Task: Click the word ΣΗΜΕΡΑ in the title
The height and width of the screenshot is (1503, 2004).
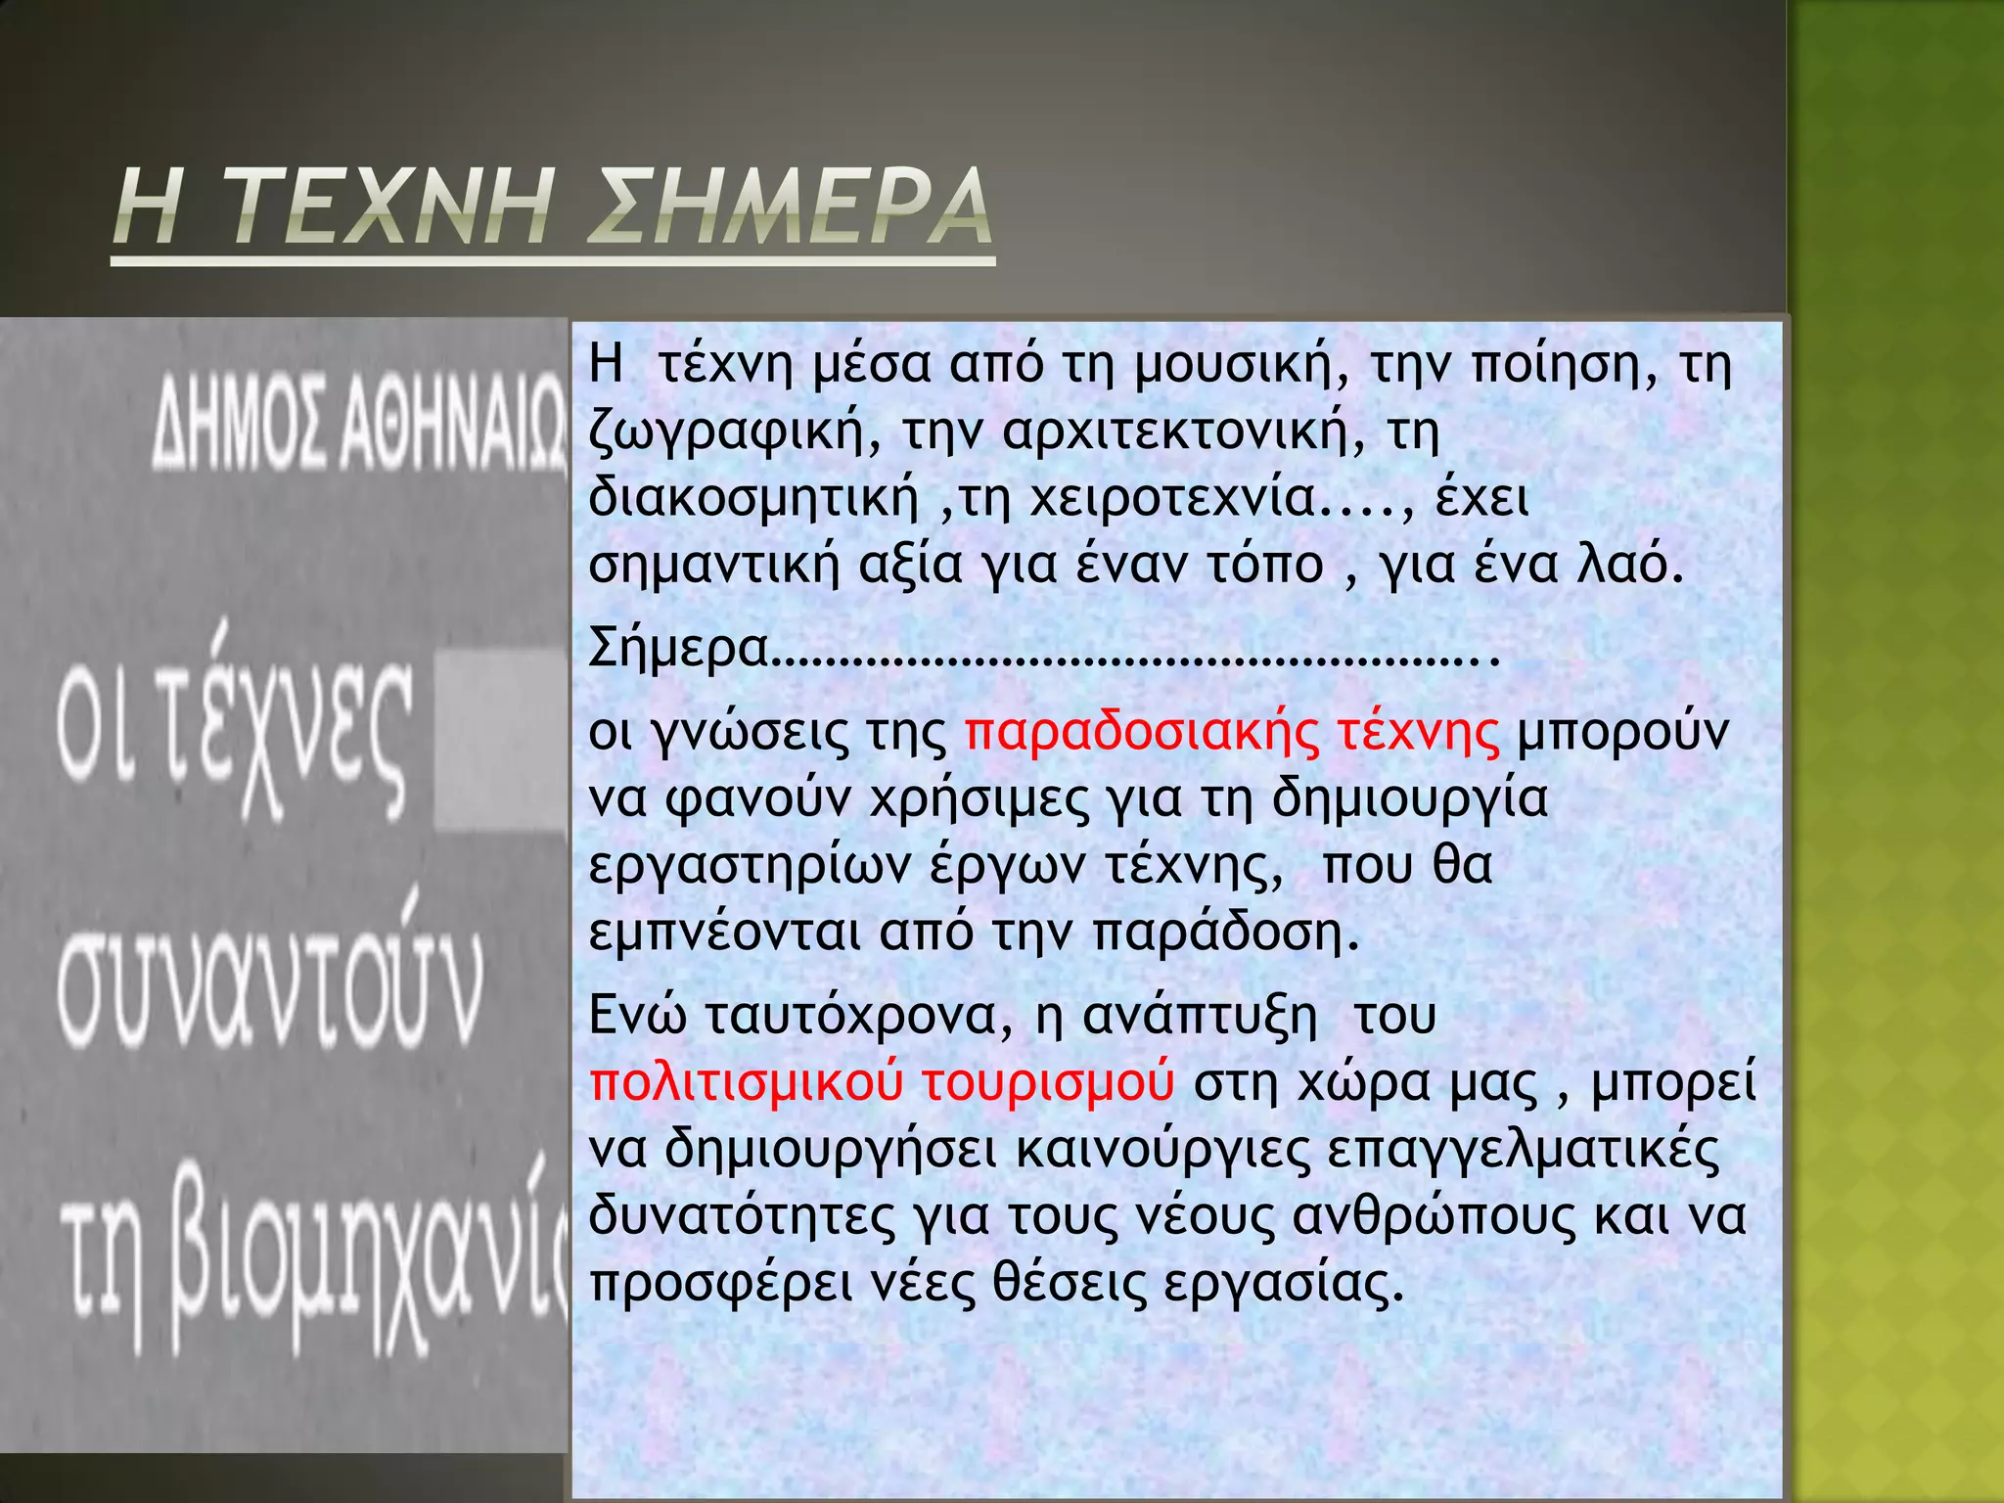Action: click(793, 207)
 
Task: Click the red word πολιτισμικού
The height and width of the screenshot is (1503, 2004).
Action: click(746, 1084)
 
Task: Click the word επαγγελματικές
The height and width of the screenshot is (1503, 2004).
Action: click(1523, 1151)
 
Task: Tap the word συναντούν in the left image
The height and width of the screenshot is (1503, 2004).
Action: click(269, 988)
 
